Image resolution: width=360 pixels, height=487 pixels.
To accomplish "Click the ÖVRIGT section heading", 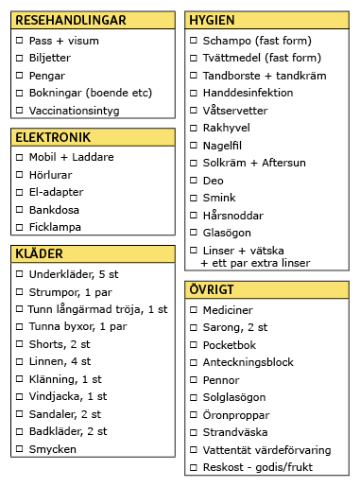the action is pos(213,289).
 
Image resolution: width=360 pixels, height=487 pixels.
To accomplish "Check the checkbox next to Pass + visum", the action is pos(20,42).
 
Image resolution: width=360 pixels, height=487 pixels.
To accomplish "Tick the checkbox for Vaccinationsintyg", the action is pos(20,110).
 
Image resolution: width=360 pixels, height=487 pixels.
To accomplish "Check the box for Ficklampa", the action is pos(20,227).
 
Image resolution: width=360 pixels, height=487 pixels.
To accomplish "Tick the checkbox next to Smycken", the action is pos(20,449).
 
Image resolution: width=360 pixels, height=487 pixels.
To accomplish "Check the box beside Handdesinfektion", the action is pos(194,94).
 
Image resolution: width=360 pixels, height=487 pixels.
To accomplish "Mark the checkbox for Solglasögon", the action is pos(194,398).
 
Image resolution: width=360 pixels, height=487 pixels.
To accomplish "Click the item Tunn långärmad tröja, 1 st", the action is pos(97,309).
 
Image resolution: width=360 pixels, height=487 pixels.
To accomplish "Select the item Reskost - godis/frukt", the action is pos(262,467).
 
